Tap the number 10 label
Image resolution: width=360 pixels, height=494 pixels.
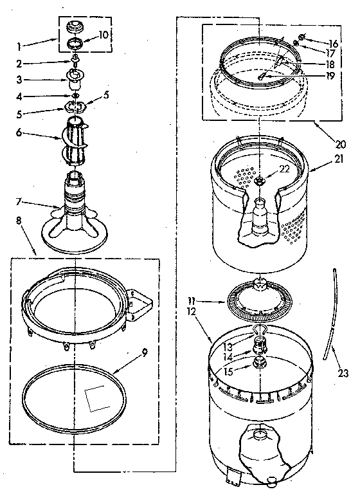tap(104, 34)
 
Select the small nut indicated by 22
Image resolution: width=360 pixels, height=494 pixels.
tap(260, 181)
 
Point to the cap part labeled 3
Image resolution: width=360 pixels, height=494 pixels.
tap(75, 80)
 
